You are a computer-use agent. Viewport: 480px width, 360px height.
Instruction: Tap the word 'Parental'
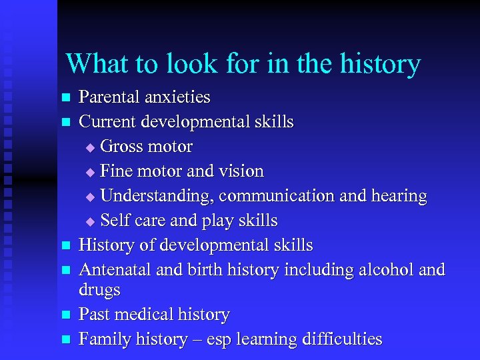(x=110, y=97)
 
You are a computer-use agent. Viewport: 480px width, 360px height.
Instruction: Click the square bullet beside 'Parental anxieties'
(x=65, y=98)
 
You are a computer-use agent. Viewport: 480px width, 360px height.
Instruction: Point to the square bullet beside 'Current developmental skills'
(x=65, y=123)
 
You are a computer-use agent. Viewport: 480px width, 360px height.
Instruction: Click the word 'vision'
(x=241, y=171)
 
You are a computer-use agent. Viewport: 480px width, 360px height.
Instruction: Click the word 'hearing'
(x=397, y=197)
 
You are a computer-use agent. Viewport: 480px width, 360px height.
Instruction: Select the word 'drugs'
(x=99, y=291)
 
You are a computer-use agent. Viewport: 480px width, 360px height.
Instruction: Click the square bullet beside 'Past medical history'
(x=65, y=315)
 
